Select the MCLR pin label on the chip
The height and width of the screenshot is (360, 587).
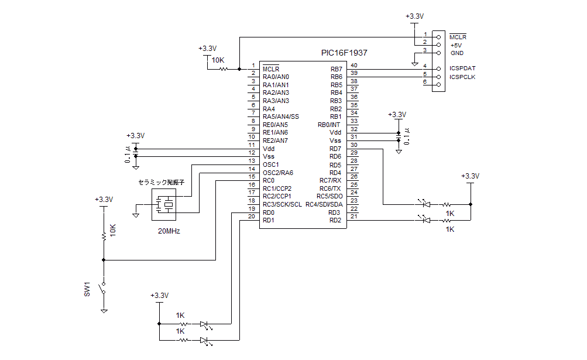tap(271, 68)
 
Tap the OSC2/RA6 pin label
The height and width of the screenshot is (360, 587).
tap(278, 173)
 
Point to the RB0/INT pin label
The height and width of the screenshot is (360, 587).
tap(329, 125)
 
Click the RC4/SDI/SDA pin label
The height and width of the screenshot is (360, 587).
tap(324, 204)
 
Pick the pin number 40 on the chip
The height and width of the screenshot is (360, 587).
tap(353, 65)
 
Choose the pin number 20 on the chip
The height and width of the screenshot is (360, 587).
tap(252, 217)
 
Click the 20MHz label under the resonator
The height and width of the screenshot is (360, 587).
tap(169, 231)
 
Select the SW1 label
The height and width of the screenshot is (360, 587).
tap(87, 289)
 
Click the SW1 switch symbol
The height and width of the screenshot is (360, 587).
tap(104, 288)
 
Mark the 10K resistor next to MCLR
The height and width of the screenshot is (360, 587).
tap(224, 69)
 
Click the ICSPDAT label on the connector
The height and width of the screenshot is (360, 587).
tap(462, 68)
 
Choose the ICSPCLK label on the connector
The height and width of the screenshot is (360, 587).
tap(462, 77)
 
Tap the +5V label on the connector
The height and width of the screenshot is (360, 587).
tap(456, 45)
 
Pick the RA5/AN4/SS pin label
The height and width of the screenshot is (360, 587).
tap(281, 116)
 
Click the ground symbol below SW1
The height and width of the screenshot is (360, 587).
tap(104, 310)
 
